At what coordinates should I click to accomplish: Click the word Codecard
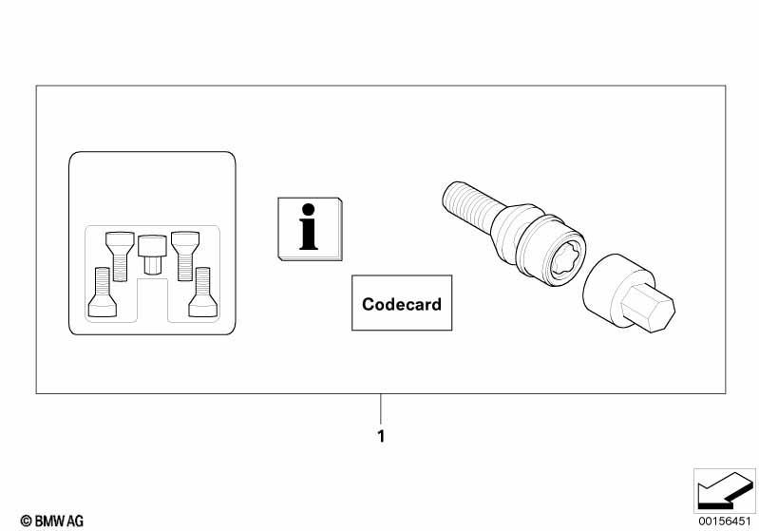401,304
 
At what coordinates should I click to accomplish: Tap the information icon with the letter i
310,229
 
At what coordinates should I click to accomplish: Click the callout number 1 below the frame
381,436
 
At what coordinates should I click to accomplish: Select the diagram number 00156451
724,521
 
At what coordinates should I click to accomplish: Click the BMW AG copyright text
52,521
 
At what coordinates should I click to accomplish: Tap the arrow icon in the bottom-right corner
724,490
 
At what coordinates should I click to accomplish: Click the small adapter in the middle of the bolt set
152,255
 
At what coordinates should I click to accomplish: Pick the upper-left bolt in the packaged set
120,256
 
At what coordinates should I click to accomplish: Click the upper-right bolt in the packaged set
185,256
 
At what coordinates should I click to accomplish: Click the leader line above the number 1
381,409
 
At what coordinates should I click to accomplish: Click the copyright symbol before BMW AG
27,522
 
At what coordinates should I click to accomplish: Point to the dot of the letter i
308,210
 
